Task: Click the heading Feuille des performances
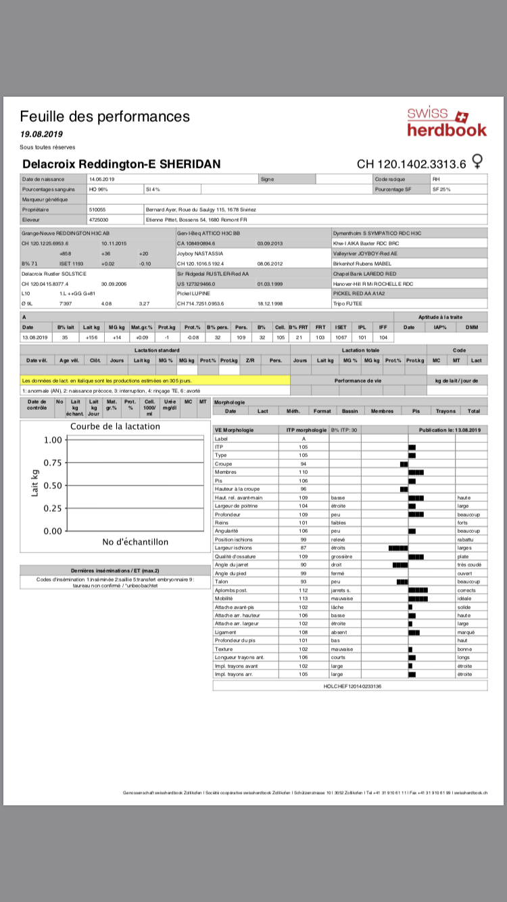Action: click(105, 116)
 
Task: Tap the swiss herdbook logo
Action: click(446, 122)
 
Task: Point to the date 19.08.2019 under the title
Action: click(41, 134)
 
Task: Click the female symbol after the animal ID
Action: click(478, 162)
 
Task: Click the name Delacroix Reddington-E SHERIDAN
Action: click(121, 164)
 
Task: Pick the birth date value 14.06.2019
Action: click(102, 179)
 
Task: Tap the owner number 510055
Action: click(97, 210)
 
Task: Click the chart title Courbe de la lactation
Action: click(115, 427)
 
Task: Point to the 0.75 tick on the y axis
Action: click(53, 462)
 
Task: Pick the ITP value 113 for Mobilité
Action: click(303, 598)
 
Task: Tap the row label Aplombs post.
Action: click(228, 590)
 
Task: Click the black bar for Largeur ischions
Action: click(398, 548)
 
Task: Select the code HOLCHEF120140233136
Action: click(353, 686)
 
